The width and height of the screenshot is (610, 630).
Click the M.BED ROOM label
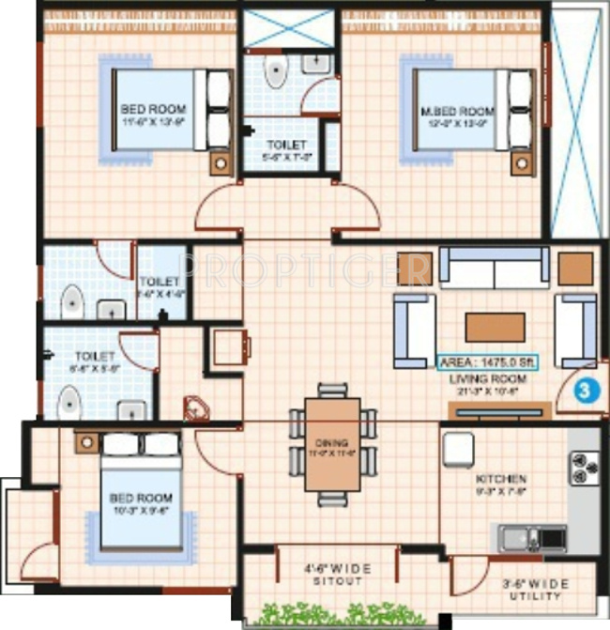click(x=457, y=111)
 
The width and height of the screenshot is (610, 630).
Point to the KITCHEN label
click(x=500, y=479)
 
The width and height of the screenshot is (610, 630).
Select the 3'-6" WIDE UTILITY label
click(x=534, y=591)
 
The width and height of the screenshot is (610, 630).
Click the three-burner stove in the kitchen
click(x=584, y=465)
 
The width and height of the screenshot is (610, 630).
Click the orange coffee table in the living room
click(x=495, y=327)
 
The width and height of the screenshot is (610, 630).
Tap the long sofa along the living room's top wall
click(x=494, y=269)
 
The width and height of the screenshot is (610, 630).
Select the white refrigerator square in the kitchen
click(x=458, y=449)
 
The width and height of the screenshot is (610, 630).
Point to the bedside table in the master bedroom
click(x=521, y=162)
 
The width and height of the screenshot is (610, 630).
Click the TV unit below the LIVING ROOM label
click(x=497, y=410)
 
